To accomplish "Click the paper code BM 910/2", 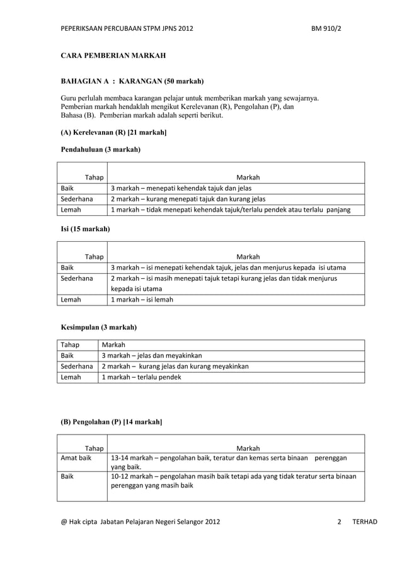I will [x=326, y=28].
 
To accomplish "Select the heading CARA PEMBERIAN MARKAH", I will [x=113, y=57].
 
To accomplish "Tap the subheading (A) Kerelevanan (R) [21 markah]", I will [x=113, y=132].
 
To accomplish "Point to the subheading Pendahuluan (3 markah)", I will [x=100, y=150].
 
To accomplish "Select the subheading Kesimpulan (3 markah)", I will [x=98, y=327].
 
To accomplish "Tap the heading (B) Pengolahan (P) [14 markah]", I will [x=111, y=421].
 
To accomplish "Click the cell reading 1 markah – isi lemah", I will [x=142, y=300].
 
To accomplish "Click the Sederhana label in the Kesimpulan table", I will [x=78, y=366].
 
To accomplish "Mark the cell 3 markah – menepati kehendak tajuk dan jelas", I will [x=181, y=188].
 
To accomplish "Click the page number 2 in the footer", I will [x=339, y=522].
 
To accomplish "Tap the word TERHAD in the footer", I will [x=365, y=522].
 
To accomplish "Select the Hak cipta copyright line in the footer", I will [x=140, y=522].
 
